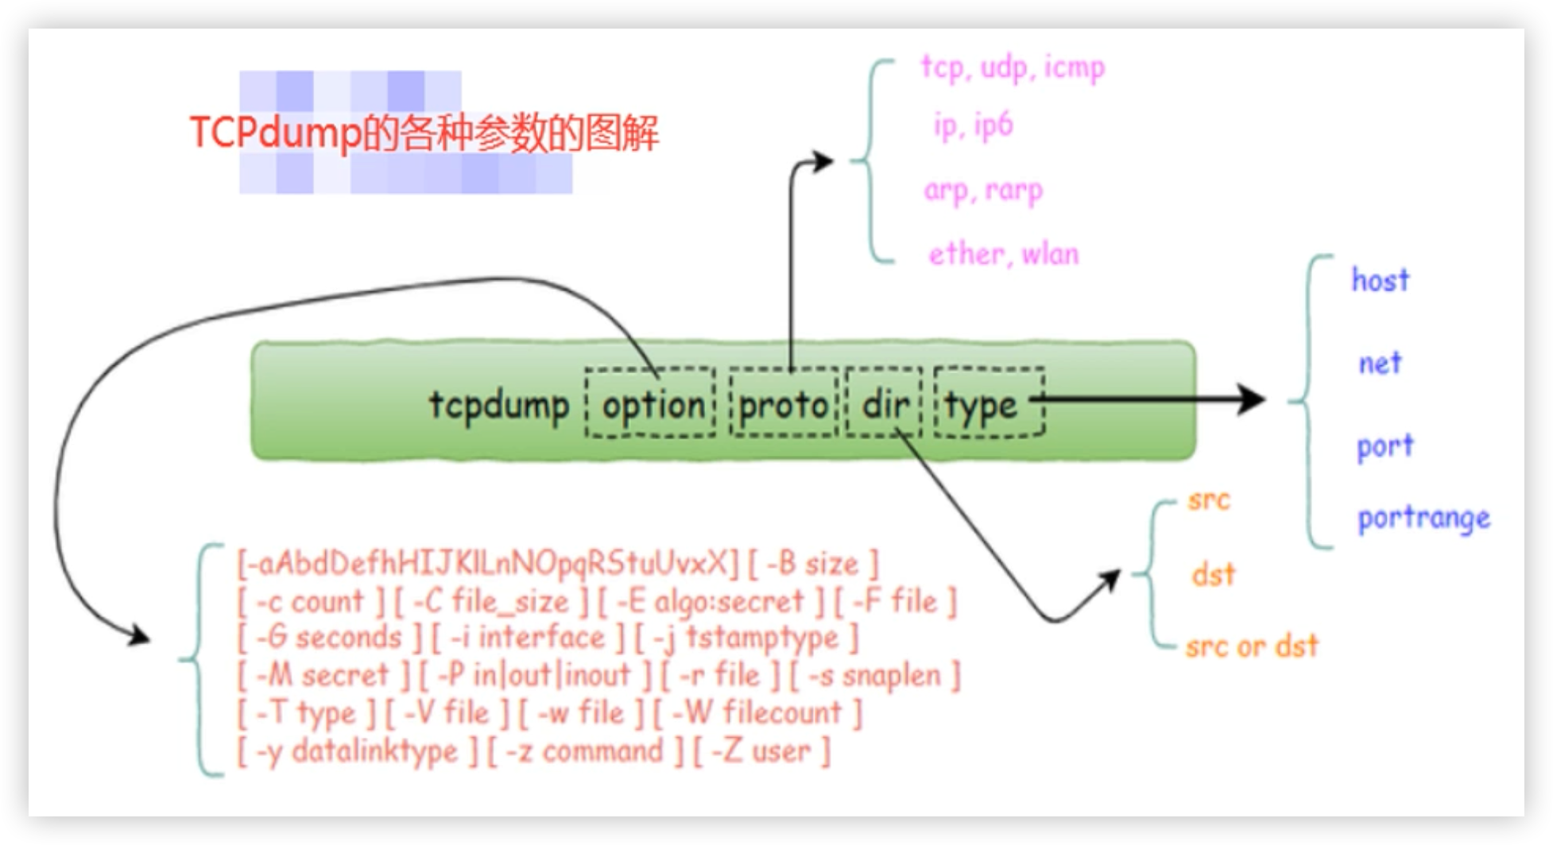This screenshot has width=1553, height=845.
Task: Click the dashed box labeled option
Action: click(x=651, y=403)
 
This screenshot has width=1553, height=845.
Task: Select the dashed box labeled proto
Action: click(x=784, y=403)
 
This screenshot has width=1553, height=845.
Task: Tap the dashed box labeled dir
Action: click(x=884, y=403)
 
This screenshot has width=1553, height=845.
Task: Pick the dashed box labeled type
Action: click(x=988, y=403)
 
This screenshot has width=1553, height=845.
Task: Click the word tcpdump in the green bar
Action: click(x=499, y=403)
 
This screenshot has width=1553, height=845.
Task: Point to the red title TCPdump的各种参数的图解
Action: click(x=424, y=133)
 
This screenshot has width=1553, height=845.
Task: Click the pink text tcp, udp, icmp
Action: click(x=1013, y=68)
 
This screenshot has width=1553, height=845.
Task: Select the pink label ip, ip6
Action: click(x=973, y=125)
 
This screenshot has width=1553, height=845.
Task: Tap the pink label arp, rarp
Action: click(x=983, y=191)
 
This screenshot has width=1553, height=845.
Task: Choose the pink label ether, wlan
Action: click(x=1003, y=254)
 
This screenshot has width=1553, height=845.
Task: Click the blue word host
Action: click(x=1381, y=280)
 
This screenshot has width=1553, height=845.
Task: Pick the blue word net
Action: click(x=1380, y=364)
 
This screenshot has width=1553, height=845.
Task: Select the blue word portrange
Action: click(x=1423, y=519)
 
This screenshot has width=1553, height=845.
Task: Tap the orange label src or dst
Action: click(x=1251, y=646)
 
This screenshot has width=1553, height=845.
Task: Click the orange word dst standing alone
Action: click(x=1213, y=574)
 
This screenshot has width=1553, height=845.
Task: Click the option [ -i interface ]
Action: click(x=529, y=638)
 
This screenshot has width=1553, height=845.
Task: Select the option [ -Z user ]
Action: click(x=761, y=751)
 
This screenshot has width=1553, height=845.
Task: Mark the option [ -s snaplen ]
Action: click(x=875, y=676)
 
